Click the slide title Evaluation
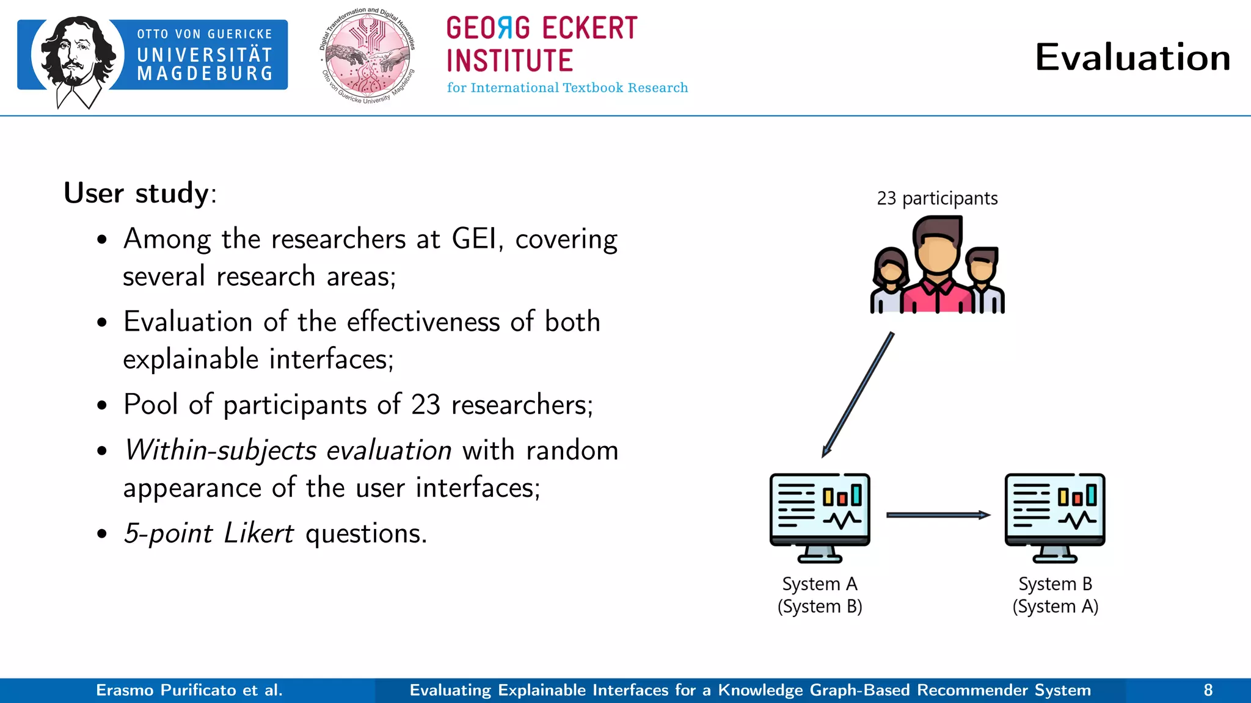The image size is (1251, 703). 1132,57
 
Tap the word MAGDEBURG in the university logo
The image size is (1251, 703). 205,74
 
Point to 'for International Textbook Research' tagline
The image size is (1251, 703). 567,88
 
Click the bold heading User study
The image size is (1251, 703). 137,193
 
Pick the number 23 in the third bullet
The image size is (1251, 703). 425,405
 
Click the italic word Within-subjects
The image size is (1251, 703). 221,450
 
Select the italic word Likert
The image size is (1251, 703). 258,533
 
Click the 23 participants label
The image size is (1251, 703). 936,198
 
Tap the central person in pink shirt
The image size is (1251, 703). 937,269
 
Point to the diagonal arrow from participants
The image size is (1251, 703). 858,395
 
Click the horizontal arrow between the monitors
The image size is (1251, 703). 937,515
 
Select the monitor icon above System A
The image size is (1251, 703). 820,516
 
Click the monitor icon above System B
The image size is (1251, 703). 1055,516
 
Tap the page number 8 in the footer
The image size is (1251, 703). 1208,690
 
